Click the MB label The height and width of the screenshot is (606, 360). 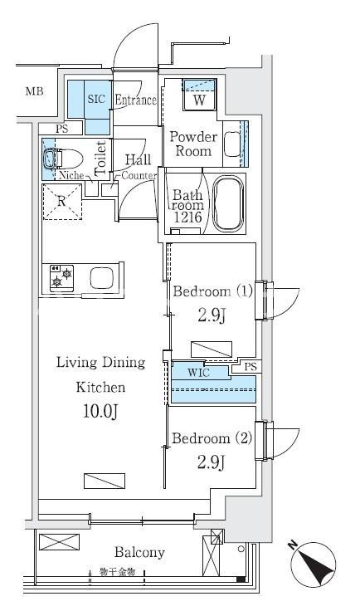click(34, 91)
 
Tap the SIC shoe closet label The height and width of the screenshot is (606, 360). click(96, 99)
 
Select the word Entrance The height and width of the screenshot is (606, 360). click(135, 100)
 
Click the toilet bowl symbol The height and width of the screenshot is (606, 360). click(63, 159)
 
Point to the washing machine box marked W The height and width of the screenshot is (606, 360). click(199, 95)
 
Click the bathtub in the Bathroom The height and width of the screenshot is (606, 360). click(228, 204)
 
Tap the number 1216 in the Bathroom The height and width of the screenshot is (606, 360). click(187, 217)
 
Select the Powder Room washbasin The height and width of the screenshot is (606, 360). click(232, 144)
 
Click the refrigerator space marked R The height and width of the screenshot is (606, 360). click(62, 202)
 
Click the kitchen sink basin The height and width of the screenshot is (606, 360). click(101, 278)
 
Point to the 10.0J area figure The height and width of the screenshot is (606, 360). click(100, 412)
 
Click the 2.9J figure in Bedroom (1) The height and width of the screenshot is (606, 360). click(212, 315)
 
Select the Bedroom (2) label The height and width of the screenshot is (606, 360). click(212, 438)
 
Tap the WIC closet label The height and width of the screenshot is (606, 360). click(198, 373)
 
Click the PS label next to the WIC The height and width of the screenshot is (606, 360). click(251, 366)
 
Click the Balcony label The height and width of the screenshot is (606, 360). click(139, 552)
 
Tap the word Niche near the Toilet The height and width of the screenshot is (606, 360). click(71, 175)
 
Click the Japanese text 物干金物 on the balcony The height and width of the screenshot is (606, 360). click(117, 572)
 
